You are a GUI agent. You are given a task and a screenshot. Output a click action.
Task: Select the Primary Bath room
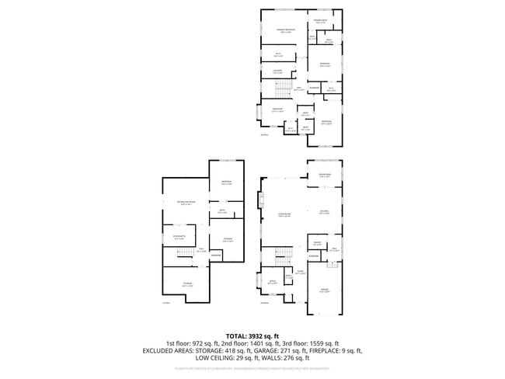pyautogui.click(x=320, y=22)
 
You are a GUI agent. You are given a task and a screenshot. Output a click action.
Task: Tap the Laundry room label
pyautogui.click(x=277, y=72)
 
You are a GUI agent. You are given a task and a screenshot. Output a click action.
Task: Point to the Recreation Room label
pyautogui.click(x=186, y=203)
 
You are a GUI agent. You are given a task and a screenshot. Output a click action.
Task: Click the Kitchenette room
pyautogui.click(x=179, y=238)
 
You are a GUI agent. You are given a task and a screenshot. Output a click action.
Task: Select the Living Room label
pyautogui.click(x=284, y=214)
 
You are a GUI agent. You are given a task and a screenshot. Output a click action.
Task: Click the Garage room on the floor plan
pyautogui.click(x=324, y=291)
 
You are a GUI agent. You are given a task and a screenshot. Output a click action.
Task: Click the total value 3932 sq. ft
pyautogui.click(x=267, y=335)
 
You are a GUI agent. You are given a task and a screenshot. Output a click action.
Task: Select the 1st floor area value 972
pyautogui.click(x=201, y=342)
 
